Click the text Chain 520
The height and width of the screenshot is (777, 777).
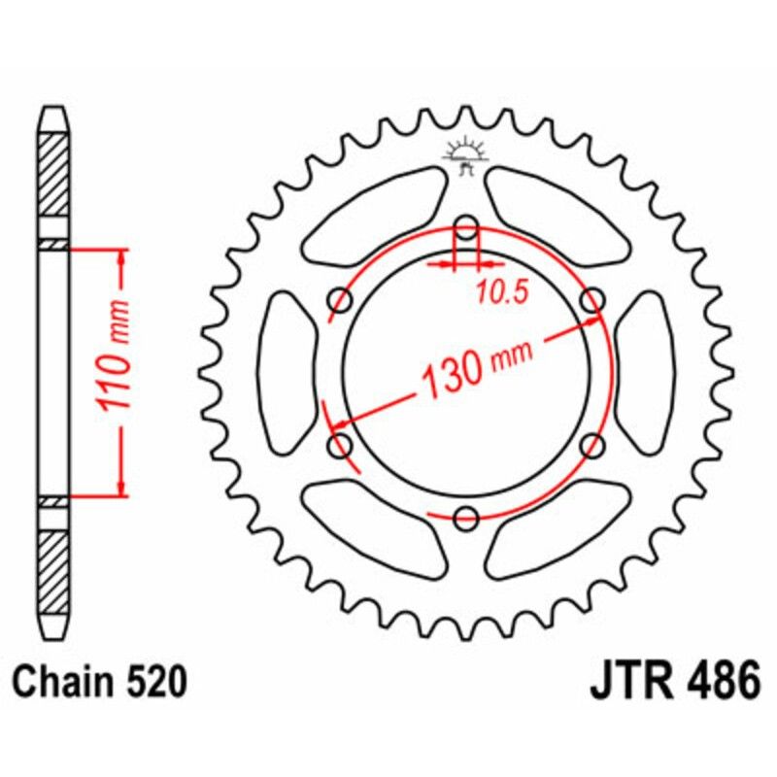[x=100, y=683]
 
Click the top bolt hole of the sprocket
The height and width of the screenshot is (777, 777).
[x=466, y=229]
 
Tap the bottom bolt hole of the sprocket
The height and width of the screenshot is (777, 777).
[x=466, y=518]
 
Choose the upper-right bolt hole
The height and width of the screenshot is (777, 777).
[x=591, y=301]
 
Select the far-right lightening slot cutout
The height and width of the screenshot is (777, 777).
[x=644, y=373]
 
